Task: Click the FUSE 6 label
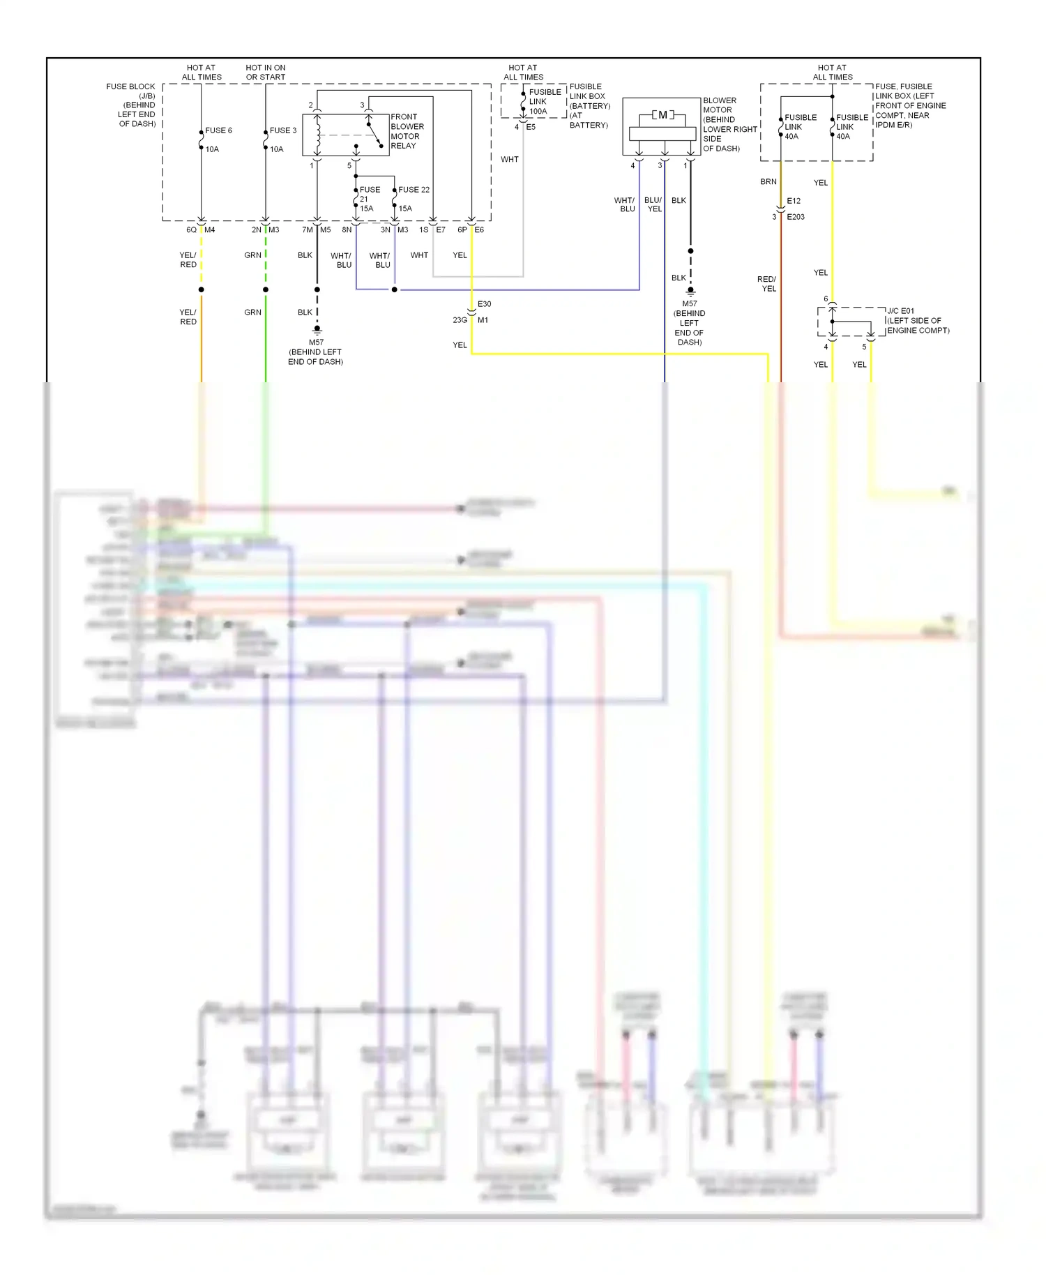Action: click(218, 130)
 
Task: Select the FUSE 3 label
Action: click(283, 130)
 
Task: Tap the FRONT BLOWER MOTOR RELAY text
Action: click(407, 131)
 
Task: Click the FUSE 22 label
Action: click(414, 190)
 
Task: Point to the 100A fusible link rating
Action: click(538, 112)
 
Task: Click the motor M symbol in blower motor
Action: click(662, 115)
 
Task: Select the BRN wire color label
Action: click(768, 182)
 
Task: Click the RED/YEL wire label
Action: click(767, 284)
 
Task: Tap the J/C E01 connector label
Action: click(900, 311)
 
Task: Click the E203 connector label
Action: click(795, 217)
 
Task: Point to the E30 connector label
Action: click(484, 304)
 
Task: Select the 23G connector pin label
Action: click(460, 320)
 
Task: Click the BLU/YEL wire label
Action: click(653, 204)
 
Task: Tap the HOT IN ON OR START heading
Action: click(265, 73)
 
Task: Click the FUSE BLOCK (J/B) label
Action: click(132, 91)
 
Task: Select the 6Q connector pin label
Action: click(191, 230)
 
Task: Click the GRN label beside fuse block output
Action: click(252, 255)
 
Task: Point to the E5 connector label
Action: click(531, 127)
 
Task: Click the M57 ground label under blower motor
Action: click(689, 304)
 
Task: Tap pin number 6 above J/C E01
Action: click(826, 299)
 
